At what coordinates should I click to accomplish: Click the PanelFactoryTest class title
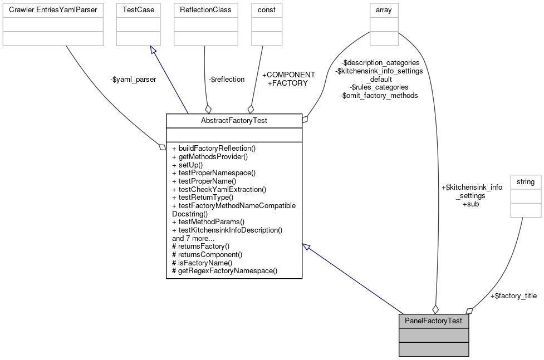click(434, 321)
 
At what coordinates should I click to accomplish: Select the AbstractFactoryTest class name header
click(234, 120)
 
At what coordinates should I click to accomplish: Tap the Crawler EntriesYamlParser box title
click(53, 9)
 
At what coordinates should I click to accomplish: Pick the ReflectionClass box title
click(205, 9)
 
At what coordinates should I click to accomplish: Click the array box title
click(384, 9)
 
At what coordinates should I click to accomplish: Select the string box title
click(526, 182)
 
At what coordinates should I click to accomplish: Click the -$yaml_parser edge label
click(134, 80)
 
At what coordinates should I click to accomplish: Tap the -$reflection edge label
click(227, 80)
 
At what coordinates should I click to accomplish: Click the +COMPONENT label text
click(288, 75)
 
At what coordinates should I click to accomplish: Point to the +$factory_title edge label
click(513, 296)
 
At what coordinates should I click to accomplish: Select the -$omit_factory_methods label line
click(379, 95)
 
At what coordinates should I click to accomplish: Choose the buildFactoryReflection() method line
click(214, 149)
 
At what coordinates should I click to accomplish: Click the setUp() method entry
click(188, 165)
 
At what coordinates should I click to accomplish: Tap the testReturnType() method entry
click(203, 197)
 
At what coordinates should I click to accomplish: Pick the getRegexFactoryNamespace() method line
click(225, 271)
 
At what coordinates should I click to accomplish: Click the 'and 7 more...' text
click(195, 238)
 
